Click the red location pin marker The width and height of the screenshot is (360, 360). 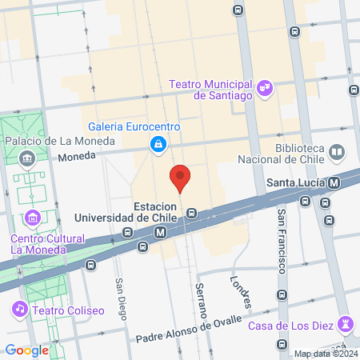(x=180, y=178)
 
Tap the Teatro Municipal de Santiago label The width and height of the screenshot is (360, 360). (x=211, y=89)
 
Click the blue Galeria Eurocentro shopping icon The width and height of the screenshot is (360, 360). (x=158, y=144)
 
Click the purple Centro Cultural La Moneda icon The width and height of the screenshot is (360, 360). (x=33, y=217)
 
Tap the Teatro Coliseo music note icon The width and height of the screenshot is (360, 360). (x=19, y=308)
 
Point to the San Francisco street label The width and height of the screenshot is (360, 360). (x=282, y=241)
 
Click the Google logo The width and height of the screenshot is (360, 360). (x=27, y=350)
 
